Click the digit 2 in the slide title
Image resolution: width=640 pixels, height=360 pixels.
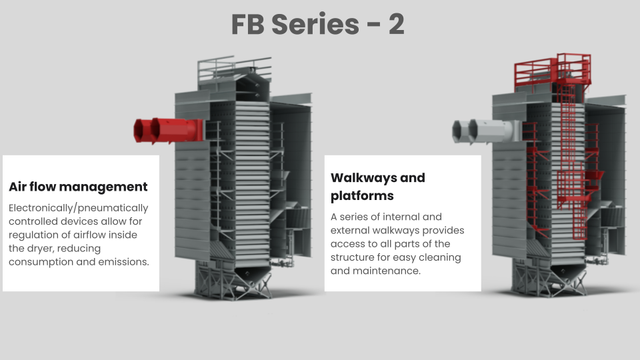[x=396, y=24]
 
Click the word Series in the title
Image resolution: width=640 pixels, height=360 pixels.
[x=315, y=24]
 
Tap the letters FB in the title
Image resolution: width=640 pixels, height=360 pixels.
[x=248, y=25]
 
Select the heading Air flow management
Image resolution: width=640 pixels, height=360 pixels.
[x=78, y=187]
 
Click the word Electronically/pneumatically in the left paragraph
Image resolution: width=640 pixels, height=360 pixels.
[x=79, y=208]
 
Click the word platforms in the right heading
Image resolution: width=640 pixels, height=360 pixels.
[x=362, y=196]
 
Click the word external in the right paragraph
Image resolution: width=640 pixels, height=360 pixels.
[x=349, y=230]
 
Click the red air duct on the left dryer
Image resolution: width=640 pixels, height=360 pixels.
[x=168, y=131]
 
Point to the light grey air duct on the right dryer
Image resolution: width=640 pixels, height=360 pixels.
[x=486, y=131]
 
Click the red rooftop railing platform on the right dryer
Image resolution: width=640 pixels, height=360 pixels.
[x=553, y=72]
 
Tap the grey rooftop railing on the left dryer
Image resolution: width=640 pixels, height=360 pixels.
[x=234, y=70]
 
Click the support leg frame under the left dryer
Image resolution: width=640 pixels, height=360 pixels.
[x=233, y=281]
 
